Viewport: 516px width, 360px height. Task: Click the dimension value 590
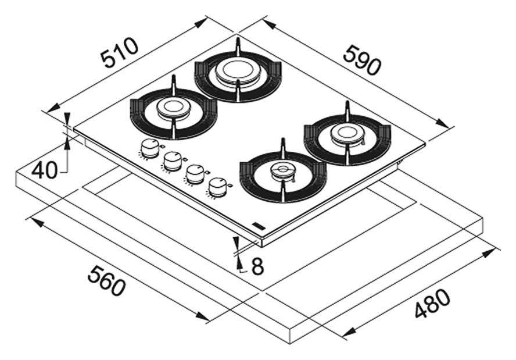[362, 60]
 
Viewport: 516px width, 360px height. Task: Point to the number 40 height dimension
[45, 170]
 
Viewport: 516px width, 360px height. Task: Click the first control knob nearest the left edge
[150, 148]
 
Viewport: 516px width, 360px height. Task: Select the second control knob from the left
[173, 161]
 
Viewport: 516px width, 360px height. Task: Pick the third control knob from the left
[195, 173]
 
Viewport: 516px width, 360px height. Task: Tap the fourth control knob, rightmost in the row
[218, 186]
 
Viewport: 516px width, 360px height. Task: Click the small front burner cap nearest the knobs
[282, 170]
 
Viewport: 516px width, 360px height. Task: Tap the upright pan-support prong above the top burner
[237, 47]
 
